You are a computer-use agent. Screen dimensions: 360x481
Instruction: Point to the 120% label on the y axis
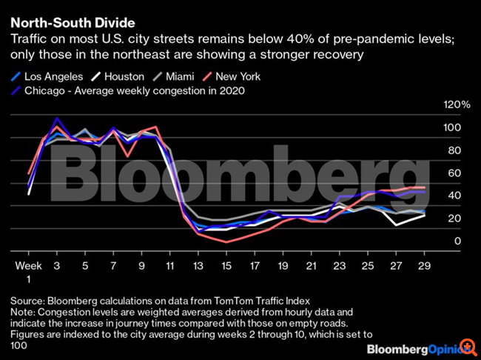point(455,105)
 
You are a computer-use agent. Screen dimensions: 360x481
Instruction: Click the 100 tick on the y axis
point(452,128)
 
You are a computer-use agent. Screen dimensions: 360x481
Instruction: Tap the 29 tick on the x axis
point(424,265)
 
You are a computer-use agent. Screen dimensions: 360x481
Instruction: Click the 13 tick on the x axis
point(198,265)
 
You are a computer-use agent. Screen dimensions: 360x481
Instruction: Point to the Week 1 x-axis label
point(28,271)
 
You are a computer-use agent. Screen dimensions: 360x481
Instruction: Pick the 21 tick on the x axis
point(312,265)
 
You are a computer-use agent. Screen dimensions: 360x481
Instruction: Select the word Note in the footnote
point(23,313)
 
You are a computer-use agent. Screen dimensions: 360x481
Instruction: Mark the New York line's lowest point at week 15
point(226,241)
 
